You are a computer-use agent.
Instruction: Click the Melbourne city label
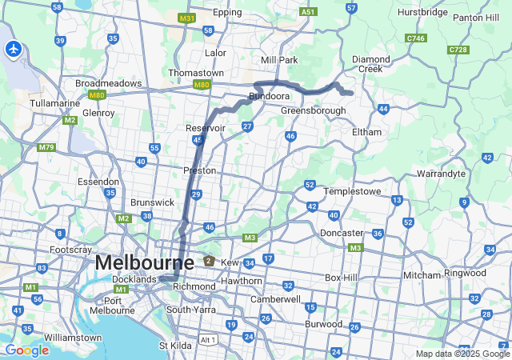(x=144, y=262)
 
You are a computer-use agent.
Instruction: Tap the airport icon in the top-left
(x=13, y=49)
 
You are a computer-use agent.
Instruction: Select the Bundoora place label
(x=268, y=96)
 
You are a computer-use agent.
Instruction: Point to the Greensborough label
(x=313, y=110)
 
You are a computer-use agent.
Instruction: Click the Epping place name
(x=228, y=14)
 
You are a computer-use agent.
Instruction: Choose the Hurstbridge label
(x=424, y=14)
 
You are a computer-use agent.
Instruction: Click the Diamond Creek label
(x=372, y=63)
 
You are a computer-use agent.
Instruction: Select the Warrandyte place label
(x=441, y=172)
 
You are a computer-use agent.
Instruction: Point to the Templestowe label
(x=355, y=192)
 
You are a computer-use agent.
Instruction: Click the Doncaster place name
(x=342, y=233)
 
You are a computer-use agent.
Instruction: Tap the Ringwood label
(x=465, y=273)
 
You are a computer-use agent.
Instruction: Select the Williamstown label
(x=74, y=338)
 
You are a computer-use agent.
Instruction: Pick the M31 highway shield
(x=187, y=18)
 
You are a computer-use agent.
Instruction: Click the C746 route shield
(x=415, y=38)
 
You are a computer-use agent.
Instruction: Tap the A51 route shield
(x=308, y=12)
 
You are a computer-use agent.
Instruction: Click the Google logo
(x=26, y=350)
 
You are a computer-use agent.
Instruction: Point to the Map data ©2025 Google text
(x=462, y=354)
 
